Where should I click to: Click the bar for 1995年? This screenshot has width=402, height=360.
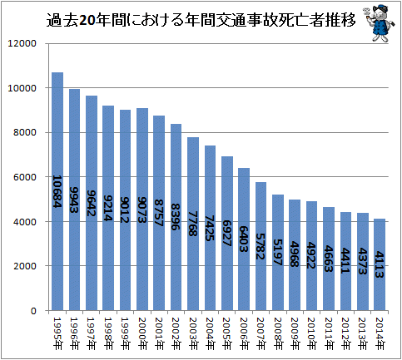[x=57, y=191]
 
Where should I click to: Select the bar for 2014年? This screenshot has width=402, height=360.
[x=380, y=264]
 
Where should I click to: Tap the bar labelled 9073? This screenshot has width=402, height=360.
[x=142, y=210]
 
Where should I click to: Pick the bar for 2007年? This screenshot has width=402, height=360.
[x=261, y=246]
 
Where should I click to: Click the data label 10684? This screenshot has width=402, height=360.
[x=57, y=191]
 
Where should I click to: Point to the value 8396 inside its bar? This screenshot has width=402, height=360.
[x=176, y=217]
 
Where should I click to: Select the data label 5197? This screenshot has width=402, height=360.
[x=277, y=252]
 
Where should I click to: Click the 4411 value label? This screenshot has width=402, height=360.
[x=345, y=261]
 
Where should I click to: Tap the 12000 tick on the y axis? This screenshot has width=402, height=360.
[x=22, y=43]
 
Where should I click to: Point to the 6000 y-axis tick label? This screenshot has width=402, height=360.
[x=25, y=177]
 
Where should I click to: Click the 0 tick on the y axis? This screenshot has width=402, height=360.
[x=33, y=311]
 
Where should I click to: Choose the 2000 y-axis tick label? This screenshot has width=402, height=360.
[x=25, y=266]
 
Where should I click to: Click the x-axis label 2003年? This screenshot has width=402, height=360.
[x=193, y=333]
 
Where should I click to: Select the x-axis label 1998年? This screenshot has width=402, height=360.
[x=108, y=333]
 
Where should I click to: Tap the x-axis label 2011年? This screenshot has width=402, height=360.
[x=329, y=333]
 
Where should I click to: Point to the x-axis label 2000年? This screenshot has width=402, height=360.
[x=142, y=333]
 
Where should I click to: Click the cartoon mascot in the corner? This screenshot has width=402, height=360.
[x=380, y=24]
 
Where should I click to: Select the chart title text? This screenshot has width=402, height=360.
[x=201, y=20]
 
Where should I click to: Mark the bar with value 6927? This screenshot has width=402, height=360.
[x=227, y=234]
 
